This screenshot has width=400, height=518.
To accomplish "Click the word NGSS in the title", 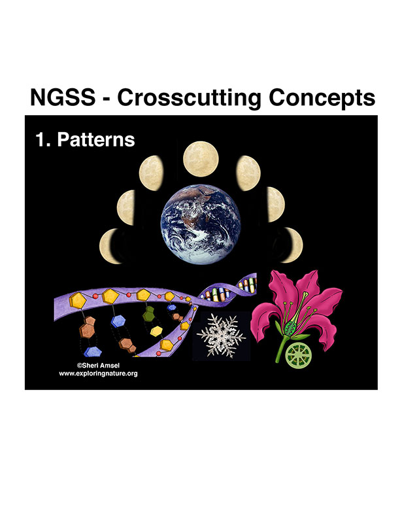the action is coord(63,97).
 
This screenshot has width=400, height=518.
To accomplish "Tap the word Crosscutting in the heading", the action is coord(189,99).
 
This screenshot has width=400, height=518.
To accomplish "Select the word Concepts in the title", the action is coord(322,99).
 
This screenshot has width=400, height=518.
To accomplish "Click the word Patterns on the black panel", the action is coord(96,139).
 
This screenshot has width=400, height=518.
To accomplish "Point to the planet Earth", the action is coord(201,224).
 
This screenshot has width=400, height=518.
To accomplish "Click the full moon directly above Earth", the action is coord(201,159).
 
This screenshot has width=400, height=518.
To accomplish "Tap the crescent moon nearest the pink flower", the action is coord(293,245).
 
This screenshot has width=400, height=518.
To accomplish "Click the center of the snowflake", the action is coord(221,336).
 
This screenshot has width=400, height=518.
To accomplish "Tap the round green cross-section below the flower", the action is coord(298,355).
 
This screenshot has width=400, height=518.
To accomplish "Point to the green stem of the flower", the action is coord(280,349).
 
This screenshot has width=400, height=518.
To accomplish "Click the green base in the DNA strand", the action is coord(149,314).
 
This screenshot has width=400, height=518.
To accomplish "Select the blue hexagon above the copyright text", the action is coord(93,352).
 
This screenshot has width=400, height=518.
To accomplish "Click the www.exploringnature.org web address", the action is coord(98,373).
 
